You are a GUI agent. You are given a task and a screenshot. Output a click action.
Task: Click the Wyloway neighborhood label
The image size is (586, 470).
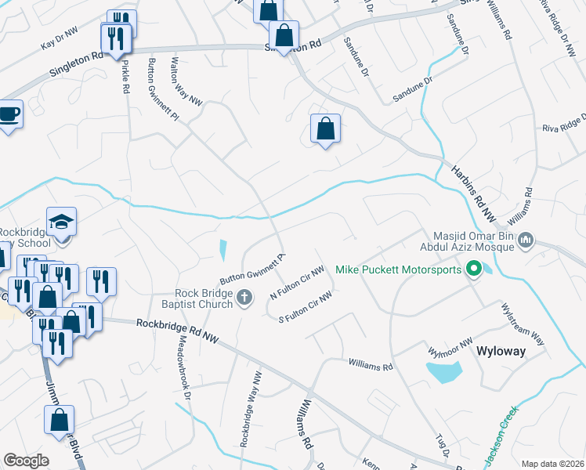[501, 352]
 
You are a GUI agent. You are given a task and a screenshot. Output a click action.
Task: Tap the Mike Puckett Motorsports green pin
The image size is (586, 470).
[473, 270]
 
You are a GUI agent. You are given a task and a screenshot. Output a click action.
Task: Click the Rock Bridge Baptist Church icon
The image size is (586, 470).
[244, 298]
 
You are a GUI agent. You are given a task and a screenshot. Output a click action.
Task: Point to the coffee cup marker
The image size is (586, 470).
[9, 114]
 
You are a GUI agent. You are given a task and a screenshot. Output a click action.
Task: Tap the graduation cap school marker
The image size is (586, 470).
[60, 222]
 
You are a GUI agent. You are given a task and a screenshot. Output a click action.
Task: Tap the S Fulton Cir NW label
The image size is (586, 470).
[306, 306]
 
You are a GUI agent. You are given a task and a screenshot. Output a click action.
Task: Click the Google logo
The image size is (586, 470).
[26, 461]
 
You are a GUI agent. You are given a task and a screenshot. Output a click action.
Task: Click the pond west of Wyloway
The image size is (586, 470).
[443, 371]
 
